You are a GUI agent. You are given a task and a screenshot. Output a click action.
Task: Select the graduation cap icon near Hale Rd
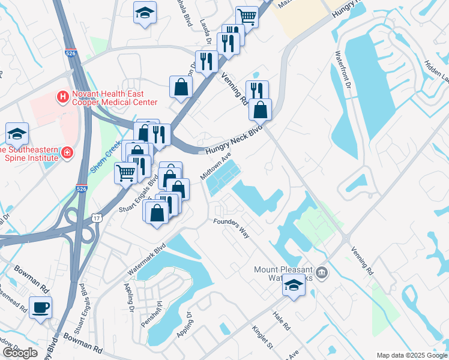(x=294, y=284)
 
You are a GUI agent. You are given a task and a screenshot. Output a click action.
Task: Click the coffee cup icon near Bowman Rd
(x=41, y=308)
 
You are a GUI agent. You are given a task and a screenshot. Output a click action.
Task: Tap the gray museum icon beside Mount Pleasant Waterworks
(x=322, y=274)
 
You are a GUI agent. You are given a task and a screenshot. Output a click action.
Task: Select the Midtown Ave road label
(x=215, y=167)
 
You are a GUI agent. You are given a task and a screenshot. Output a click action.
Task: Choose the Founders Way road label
(x=231, y=227)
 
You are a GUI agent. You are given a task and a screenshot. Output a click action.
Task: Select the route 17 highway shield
(x=97, y=218)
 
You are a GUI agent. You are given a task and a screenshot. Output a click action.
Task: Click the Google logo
(x=20, y=353)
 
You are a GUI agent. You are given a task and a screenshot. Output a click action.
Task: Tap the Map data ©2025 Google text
(x=411, y=355)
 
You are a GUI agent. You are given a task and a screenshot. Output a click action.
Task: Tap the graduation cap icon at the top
(x=144, y=13)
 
